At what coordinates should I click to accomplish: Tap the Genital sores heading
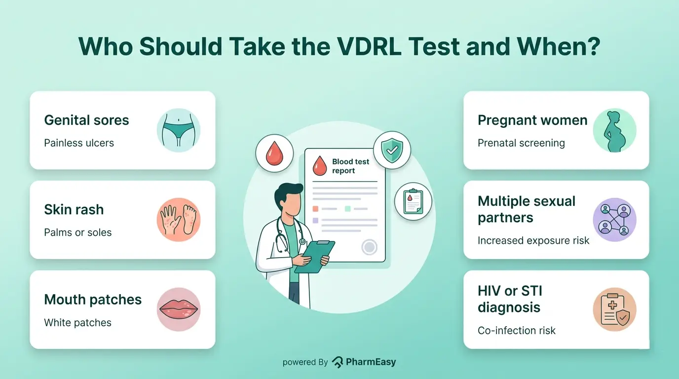[x=86, y=120]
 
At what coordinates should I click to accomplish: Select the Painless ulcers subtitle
[x=79, y=143]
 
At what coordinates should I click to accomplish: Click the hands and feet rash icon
[x=178, y=220]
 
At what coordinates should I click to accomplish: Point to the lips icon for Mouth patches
[x=178, y=309]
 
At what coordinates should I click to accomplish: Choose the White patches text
[x=77, y=323]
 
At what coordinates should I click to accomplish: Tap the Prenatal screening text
[x=521, y=143]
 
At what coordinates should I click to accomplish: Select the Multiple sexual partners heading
[x=526, y=209]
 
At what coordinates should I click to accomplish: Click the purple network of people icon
[x=614, y=220]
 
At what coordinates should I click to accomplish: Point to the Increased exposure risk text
[x=533, y=241]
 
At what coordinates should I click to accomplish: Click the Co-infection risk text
[x=516, y=331]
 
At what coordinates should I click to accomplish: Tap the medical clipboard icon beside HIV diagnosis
[x=614, y=309]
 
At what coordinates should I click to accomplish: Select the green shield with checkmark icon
[x=392, y=151]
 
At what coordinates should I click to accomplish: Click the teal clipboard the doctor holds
[x=315, y=257]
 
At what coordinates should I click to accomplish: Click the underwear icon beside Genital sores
[x=178, y=130]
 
